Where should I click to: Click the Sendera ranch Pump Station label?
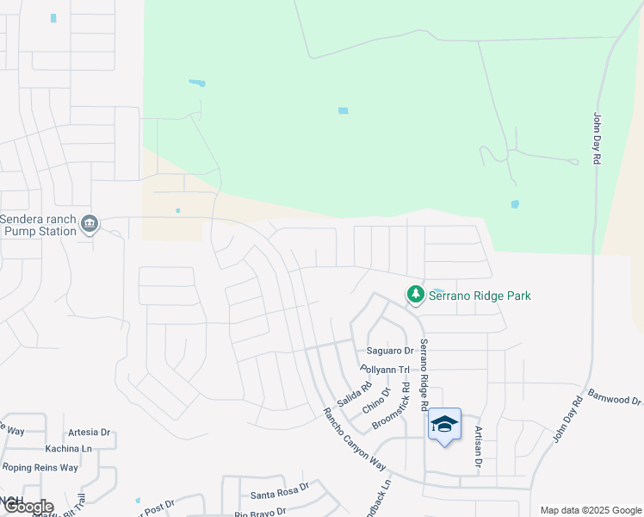point(39,225)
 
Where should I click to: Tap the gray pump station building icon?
point(90,225)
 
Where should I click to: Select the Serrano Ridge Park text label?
point(481,296)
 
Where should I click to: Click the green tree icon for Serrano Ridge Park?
point(416,295)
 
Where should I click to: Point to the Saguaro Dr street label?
point(390,351)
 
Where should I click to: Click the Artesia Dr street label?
point(89,432)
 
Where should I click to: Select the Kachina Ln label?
point(71,449)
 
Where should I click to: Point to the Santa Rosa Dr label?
point(276,495)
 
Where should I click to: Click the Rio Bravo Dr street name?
point(263,514)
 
